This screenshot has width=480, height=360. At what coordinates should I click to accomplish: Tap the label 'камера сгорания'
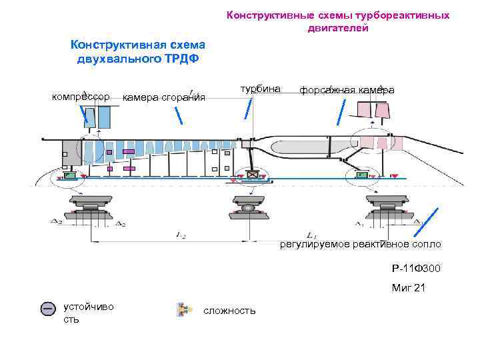click(x=164, y=98)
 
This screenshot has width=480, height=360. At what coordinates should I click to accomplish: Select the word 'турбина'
click(x=261, y=89)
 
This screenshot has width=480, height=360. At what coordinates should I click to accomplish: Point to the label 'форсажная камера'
click(x=347, y=90)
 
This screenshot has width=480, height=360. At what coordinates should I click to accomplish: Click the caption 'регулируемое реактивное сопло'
click(x=360, y=245)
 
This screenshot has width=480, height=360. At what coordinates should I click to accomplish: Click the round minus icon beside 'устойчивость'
click(x=48, y=309)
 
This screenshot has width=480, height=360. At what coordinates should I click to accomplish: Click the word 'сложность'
click(x=229, y=311)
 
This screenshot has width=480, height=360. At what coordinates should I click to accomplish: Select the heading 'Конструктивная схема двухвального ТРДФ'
click(x=138, y=51)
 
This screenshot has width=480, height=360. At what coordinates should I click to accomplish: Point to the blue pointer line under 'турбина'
click(x=248, y=108)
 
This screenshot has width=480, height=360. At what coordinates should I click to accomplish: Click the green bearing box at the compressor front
click(x=69, y=177)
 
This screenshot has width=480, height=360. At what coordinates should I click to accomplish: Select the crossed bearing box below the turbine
click(x=252, y=175)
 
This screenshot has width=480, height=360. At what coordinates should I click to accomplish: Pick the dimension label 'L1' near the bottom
click(x=311, y=235)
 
